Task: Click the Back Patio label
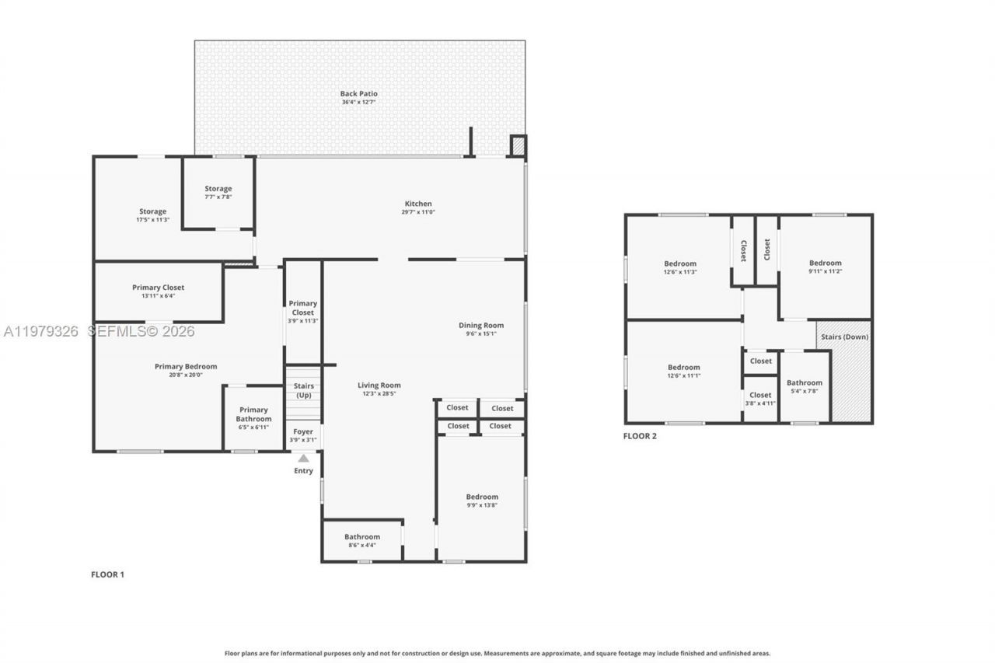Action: point(358,94)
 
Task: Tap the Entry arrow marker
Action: point(303,459)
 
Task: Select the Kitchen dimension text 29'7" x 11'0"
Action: point(417,212)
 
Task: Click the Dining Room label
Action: point(481,326)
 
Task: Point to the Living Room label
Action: point(379,386)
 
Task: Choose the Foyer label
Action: point(303,431)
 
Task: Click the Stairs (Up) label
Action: point(303,390)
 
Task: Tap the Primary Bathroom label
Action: point(253,414)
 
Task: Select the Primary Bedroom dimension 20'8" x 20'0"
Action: point(186,375)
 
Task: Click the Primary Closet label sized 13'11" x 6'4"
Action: point(158,288)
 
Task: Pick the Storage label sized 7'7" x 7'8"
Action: point(218,189)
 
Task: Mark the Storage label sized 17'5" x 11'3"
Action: point(152,211)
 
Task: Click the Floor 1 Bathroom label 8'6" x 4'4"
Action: point(362,536)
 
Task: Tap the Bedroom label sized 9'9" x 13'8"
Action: point(482,497)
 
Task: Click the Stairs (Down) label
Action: point(845,337)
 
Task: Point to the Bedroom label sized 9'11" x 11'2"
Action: point(825,263)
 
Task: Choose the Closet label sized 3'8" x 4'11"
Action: point(760,395)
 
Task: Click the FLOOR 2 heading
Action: point(640,436)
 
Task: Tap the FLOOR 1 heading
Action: point(107,574)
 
